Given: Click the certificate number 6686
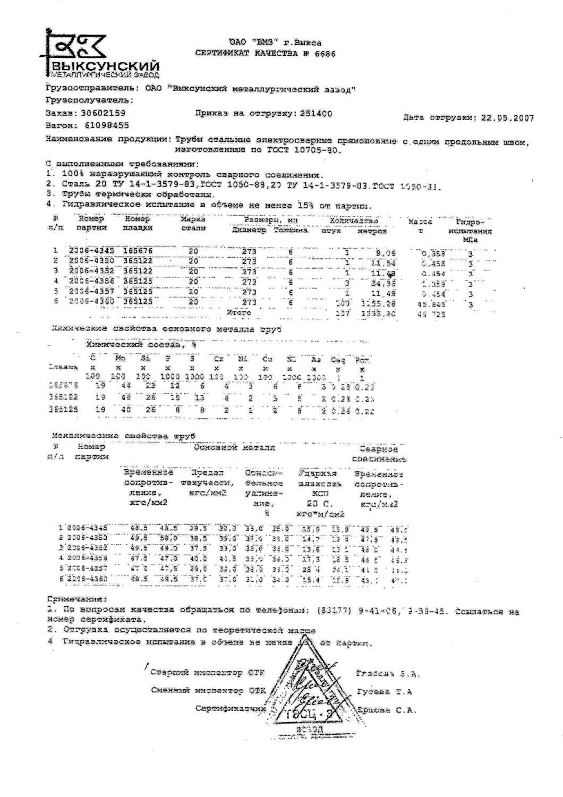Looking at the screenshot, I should [325, 53].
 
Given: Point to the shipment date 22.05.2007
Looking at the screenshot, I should [507, 118].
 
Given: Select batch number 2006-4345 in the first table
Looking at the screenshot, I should [91, 250].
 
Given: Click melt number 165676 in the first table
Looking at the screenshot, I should [138, 250].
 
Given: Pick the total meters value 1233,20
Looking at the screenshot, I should [377, 315].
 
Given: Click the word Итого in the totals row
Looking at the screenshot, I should [238, 313].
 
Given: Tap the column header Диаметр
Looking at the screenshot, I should [249, 231].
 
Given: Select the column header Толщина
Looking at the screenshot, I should [291, 231].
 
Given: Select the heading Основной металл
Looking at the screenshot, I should [234, 448].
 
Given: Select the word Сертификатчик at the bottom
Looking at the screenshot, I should [229, 709].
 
